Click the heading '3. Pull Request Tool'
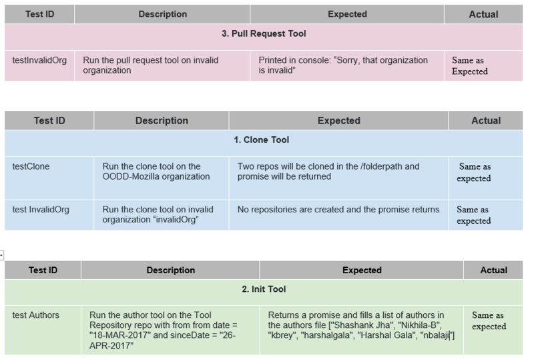tap(264, 33)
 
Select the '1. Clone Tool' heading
tap(261, 140)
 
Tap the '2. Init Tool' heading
tap(264, 289)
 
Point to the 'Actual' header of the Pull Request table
tap(483, 14)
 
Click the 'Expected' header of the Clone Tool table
tap(339, 121)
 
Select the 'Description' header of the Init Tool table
tap(171, 271)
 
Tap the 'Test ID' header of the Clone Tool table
tap(49, 121)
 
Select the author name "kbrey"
tap(282, 335)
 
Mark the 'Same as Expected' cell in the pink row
tap(470, 66)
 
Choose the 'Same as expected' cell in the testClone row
tap(474, 172)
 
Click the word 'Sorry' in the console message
tap(346, 60)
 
